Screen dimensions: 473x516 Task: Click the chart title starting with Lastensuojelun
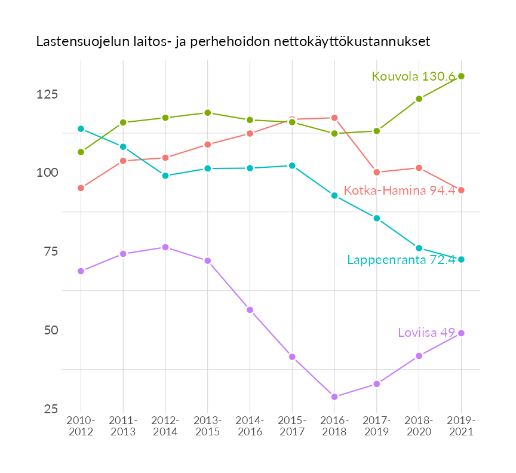pyautogui.click(x=233, y=42)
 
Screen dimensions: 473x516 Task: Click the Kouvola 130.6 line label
pyautogui.click(x=413, y=76)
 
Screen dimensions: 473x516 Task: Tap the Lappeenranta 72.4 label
pyautogui.click(x=401, y=260)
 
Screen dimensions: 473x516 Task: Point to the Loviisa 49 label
pyautogui.click(x=426, y=333)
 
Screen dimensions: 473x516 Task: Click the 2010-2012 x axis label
pyautogui.click(x=81, y=426)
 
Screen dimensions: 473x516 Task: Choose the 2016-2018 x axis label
pyautogui.click(x=334, y=426)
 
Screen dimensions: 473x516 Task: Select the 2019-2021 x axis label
pyautogui.click(x=461, y=426)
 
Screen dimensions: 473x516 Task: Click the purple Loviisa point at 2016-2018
pyautogui.click(x=334, y=397)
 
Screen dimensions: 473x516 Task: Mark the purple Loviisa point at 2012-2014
pyautogui.click(x=165, y=247)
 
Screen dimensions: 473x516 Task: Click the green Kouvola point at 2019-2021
pyautogui.click(x=461, y=76)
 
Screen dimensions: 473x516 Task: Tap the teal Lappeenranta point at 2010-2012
pyautogui.click(x=81, y=128)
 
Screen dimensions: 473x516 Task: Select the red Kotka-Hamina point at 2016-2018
pyautogui.click(x=334, y=118)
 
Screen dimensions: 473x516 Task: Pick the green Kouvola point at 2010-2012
pyautogui.click(x=81, y=152)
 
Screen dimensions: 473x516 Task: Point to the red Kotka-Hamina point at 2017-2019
pyautogui.click(x=376, y=172)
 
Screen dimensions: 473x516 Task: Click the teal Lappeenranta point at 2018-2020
pyautogui.click(x=419, y=248)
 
